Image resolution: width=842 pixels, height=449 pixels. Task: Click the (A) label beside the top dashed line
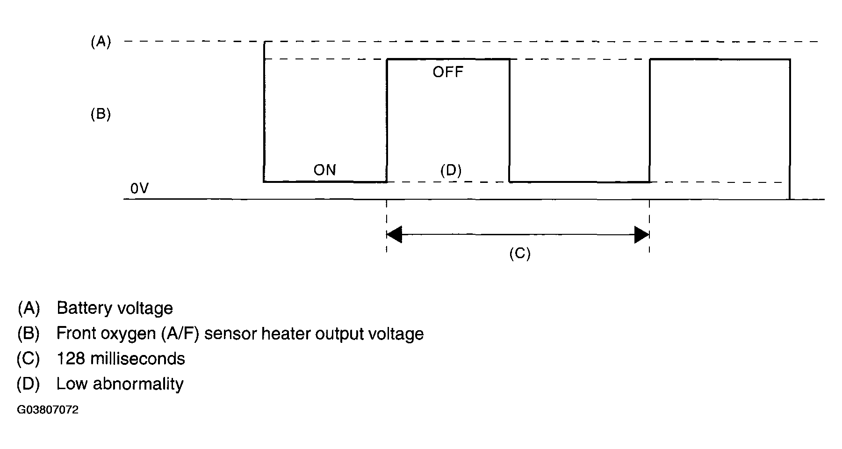tap(101, 42)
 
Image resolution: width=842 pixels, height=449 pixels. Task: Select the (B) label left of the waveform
tap(101, 114)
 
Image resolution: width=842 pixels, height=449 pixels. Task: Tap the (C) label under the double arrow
tap(519, 253)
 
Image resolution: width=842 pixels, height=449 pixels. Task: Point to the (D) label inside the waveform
tap(451, 171)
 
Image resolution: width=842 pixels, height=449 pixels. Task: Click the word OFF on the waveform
tap(447, 72)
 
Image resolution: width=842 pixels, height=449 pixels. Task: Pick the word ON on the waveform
tap(324, 170)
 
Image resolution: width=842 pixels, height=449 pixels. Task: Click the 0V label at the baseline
tap(139, 188)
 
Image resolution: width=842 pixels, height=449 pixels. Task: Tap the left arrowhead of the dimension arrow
tap(394, 234)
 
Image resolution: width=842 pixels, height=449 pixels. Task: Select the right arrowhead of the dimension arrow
tap(642, 234)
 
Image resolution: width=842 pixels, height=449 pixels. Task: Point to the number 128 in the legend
tap(71, 359)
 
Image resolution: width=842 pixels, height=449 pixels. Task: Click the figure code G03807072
tap(48, 410)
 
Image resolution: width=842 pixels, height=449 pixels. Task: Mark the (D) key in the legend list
tap(28, 384)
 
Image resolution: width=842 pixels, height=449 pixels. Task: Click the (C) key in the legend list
tap(28, 359)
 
